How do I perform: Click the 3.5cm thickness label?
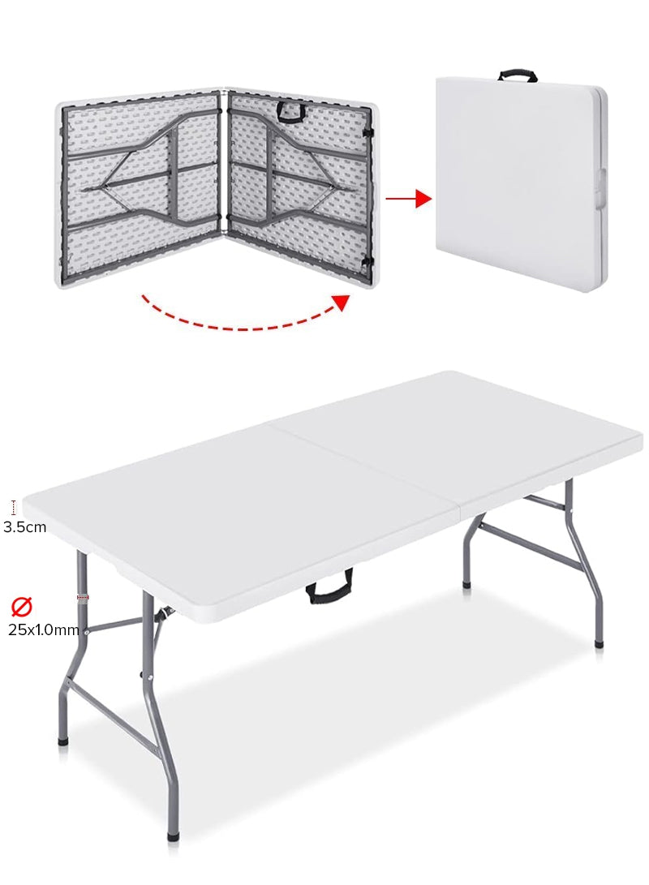(x=24, y=526)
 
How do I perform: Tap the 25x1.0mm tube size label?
(x=44, y=629)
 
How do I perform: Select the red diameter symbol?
(x=21, y=606)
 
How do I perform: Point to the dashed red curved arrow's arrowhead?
(x=342, y=303)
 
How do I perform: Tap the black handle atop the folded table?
(x=518, y=75)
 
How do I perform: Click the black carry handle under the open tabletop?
(x=329, y=586)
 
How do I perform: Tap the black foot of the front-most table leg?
(x=173, y=835)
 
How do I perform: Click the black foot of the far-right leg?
(x=599, y=643)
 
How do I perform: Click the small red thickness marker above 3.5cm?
(x=14, y=508)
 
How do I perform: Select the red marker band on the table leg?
(x=83, y=597)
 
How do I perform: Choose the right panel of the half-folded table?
(x=300, y=187)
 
